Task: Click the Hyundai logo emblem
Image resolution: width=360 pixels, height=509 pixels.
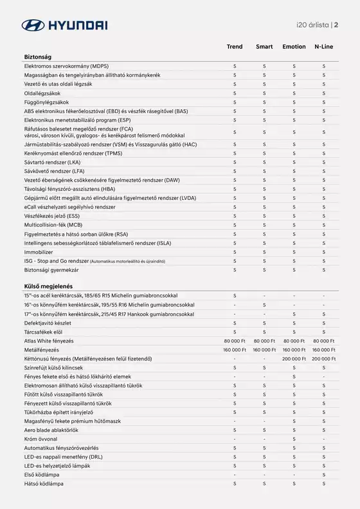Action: tap(33, 26)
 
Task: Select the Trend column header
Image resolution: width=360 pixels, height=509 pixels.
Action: tap(235, 47)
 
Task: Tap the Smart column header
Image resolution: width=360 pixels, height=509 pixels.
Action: tap(264, 47)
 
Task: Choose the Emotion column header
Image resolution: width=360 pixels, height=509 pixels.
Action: tap(294, 47)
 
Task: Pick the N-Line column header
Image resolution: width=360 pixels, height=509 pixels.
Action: tap(324, 47)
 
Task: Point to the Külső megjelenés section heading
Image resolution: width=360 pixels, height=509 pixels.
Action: tap(49, 285)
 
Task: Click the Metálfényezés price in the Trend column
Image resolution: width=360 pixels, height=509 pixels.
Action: tap(235, 350)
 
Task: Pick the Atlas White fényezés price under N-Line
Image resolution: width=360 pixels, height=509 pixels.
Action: tap(324, 341)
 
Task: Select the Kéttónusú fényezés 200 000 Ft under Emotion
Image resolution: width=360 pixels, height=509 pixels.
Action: tap(294, 359)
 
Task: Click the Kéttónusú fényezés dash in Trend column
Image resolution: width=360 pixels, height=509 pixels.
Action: tap(235, 359)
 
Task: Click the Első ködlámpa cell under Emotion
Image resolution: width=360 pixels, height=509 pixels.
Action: tap(294, 474)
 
